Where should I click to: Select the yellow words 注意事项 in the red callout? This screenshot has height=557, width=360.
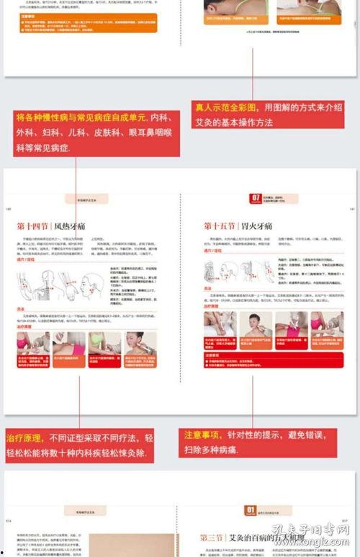point(200,435)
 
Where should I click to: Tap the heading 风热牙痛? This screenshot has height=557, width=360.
point(69,226)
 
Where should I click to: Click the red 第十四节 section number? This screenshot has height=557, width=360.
point(33,226)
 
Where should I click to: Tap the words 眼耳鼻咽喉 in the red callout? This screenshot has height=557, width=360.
point(148,133)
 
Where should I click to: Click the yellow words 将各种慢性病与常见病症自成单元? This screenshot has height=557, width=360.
point(81,117)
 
